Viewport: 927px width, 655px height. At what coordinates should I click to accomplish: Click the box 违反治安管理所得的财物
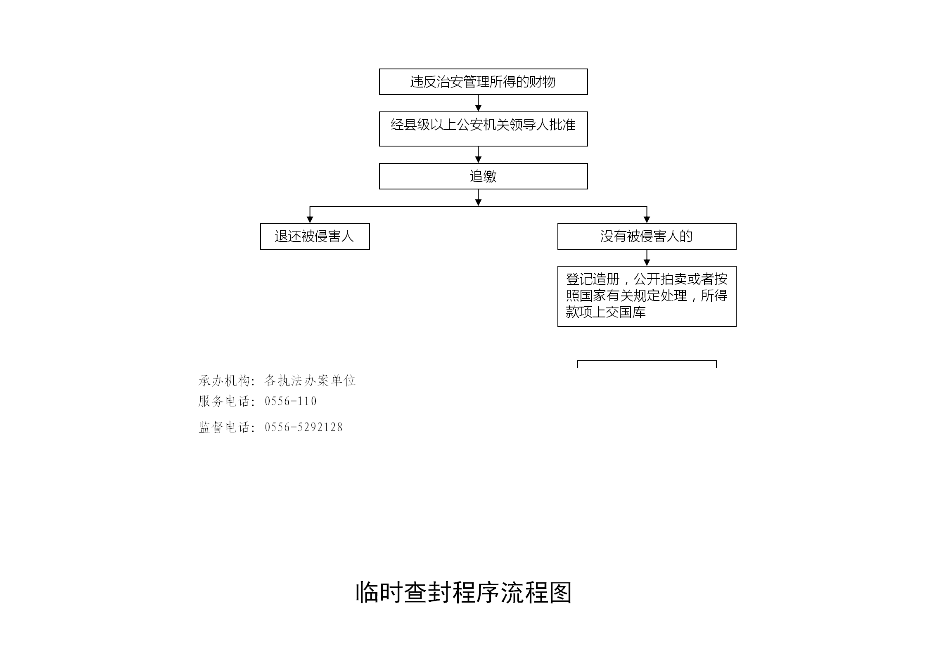click(483, 82)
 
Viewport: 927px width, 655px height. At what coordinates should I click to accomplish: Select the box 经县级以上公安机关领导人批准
click(483, 129)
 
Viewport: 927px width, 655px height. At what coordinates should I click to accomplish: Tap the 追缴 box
click(483, 176)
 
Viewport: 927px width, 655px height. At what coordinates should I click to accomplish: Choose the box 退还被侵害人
click(315, 236)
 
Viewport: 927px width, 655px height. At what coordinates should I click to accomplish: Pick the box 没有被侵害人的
click(647, 236)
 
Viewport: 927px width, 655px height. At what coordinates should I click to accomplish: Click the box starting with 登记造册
click(647, 296)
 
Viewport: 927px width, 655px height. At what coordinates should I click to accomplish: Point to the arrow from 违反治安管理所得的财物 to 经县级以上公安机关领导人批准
click(478, 103)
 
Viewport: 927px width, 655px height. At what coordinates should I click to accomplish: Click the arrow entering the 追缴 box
click(478, 155)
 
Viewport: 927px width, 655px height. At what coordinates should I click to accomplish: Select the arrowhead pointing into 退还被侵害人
click(310, 220)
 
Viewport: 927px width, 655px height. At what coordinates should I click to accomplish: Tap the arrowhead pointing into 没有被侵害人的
click(647, 220)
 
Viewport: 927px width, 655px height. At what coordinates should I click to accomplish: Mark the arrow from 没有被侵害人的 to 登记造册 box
click(647, 258)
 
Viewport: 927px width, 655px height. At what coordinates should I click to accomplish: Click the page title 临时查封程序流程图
click(464, 593)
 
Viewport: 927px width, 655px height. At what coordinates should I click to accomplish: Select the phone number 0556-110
click(291, 401)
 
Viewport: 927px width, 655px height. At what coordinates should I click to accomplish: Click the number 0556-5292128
click(304, 427)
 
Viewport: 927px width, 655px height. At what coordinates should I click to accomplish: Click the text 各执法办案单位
click(310, 381)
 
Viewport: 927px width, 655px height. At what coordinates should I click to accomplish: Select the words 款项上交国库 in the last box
click(606, 312)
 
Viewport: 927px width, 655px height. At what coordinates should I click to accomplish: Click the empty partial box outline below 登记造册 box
click(647, 361)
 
